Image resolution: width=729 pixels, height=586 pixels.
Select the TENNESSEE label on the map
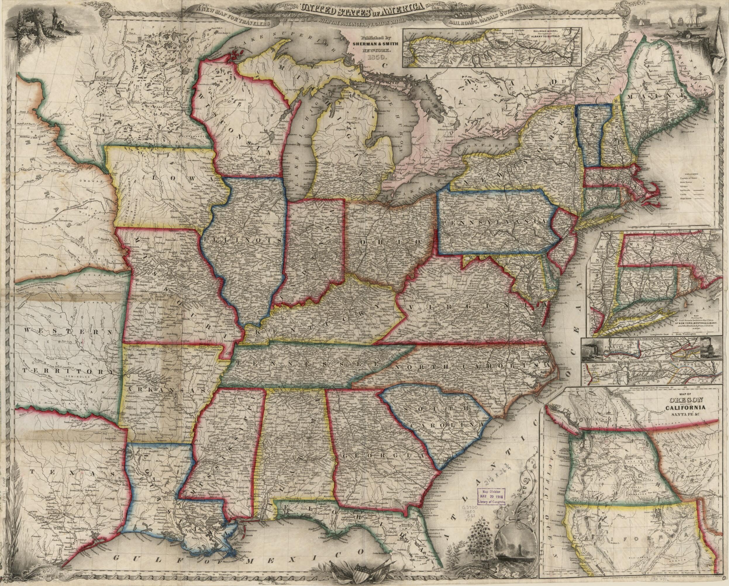[x=306, y=363]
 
